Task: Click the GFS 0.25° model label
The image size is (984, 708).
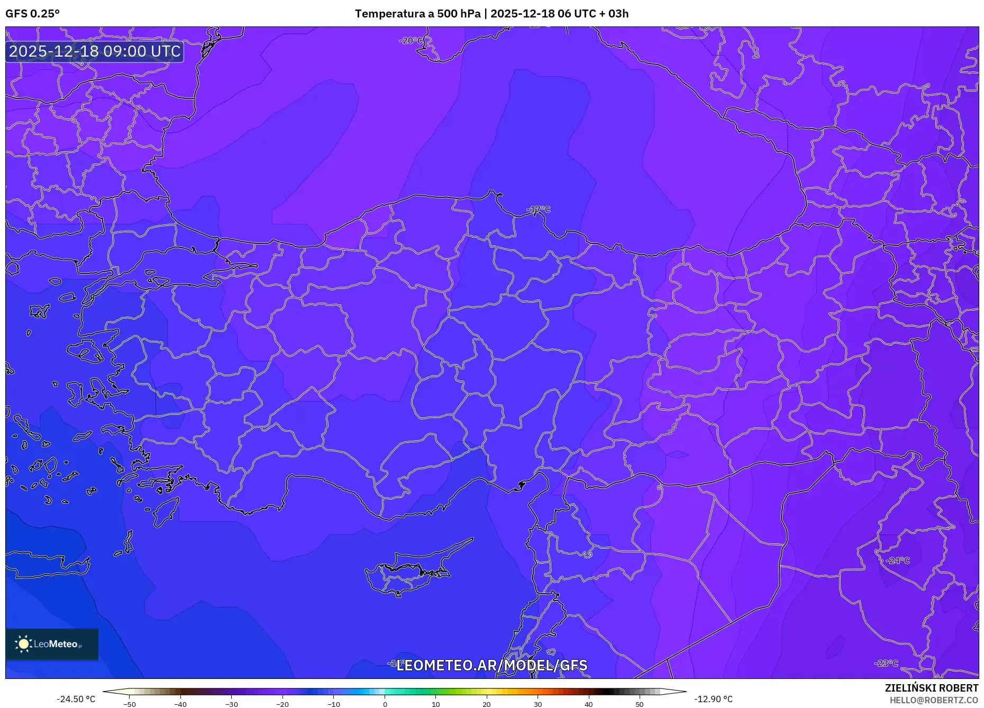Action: pyautogui.click(x=32, y=14)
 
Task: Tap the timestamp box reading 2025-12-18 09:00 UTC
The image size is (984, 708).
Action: pyautogui.click(x=95, y=51)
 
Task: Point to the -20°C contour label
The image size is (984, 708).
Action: pyautogui.click(x=411, y=41)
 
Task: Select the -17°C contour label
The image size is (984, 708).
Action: pyautogui.click(x=539, y=210)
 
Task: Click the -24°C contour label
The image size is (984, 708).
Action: pyautogui.click(x=898, y=560)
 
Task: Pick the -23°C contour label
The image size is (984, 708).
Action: pyautogui.click(x=886, y=663)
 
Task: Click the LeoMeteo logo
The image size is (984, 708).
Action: pyautogui.click(x=52, y=644)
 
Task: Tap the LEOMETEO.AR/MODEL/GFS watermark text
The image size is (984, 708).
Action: pyautogui.click(x=491, y=665)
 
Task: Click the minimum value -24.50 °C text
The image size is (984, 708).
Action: pyautogui.click(x=76, y=699)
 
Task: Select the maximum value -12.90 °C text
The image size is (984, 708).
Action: pyautogui.click(x=713, y=699)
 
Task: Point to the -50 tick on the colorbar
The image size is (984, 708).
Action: pyautogui.click(x=130, y=704)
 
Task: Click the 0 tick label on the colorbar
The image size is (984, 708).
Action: pyautogui.click(x=385, y=704)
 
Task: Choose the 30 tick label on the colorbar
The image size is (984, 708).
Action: pyautogui.click(x=537, y=704)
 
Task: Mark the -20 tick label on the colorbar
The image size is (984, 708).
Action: pyautogui.click(x=283, y=704)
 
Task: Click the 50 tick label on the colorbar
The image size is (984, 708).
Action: pyautogui.click(x=640, y=704)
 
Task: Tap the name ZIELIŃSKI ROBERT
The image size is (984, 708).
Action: pyautogui.click(x=931, y=688)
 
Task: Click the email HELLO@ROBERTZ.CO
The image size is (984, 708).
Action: pyautogui.click(x=933, y=700)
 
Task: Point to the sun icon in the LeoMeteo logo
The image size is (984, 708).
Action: pyautogui.click(x=24, y=644)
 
